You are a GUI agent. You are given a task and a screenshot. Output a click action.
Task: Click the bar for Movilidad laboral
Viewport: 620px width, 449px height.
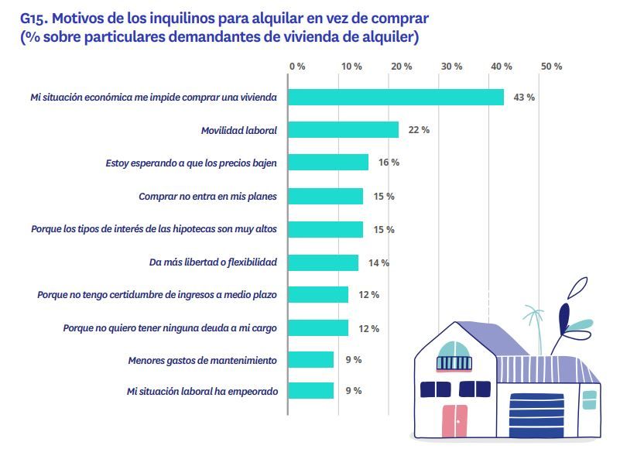tap(344, 130)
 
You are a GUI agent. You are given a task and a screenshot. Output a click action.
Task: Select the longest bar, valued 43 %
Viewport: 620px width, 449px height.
tap(396, 98)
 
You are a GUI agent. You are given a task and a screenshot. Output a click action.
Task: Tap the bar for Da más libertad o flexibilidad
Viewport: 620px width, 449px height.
tap(324, 262)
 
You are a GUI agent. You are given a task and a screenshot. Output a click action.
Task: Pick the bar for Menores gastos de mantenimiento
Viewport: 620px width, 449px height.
tap(311, 360)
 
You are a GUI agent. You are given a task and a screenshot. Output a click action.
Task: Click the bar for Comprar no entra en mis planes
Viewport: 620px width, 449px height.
tap(326, 197)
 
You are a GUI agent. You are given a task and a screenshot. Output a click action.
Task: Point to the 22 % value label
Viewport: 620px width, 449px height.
tap(419, 130)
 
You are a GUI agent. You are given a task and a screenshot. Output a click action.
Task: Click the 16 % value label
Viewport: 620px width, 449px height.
tap(389, 163)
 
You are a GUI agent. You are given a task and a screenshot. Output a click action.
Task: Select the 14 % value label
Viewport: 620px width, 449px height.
tap(379, 263)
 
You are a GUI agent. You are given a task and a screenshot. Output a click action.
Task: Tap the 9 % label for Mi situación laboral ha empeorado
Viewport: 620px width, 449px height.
tap(353, 391)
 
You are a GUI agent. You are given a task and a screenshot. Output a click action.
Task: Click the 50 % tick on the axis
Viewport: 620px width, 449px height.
tap(551, 67)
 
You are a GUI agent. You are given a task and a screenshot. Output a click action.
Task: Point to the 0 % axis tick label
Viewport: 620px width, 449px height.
tap(297, 67)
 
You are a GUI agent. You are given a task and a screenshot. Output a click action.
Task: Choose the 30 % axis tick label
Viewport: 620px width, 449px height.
tap(451, 67)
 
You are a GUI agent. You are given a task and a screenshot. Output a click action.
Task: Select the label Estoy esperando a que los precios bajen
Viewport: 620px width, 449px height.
tap(191, 163)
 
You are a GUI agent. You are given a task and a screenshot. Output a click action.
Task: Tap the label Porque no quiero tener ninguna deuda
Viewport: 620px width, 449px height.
tap(170, 328)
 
